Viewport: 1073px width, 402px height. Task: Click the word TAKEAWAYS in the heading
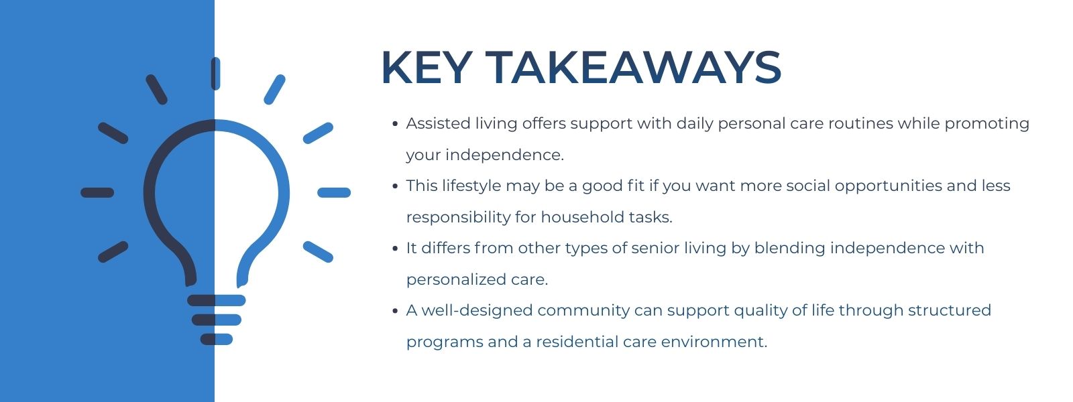634,68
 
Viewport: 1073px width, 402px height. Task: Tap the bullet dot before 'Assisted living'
395,124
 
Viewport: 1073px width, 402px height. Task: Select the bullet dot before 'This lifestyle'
395,186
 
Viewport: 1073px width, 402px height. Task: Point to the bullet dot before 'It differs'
395,249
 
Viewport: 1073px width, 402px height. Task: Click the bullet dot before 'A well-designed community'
395,311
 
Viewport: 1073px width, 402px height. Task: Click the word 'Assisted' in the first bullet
437,124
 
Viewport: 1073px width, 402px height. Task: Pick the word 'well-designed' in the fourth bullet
477,311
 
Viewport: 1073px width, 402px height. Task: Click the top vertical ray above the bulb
215,74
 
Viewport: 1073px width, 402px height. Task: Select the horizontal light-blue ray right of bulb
334,193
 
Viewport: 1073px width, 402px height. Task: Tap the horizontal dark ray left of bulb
97,193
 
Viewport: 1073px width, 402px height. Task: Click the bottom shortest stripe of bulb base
216,340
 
